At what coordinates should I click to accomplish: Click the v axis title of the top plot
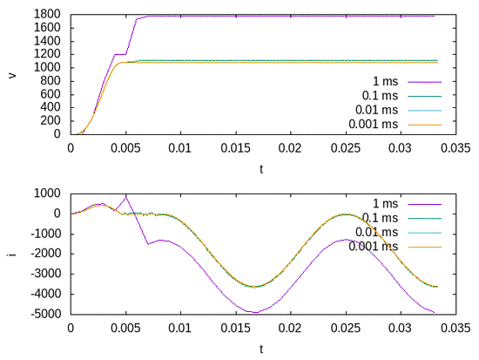[11, 74]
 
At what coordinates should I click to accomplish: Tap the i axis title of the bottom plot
[11, 254]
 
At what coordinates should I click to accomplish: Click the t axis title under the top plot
[262, 168]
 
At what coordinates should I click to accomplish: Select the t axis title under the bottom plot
[262, 349]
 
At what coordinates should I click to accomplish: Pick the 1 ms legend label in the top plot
[383, 82]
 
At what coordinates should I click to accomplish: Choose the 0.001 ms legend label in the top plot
[372, 124]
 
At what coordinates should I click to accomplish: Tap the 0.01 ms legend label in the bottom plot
[375, 232]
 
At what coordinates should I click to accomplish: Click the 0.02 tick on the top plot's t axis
[289, 147]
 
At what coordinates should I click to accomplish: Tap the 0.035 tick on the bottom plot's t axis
[454, 328]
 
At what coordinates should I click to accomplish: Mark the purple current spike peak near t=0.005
[125, 196]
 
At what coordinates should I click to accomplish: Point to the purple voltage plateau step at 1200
[120, 54]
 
